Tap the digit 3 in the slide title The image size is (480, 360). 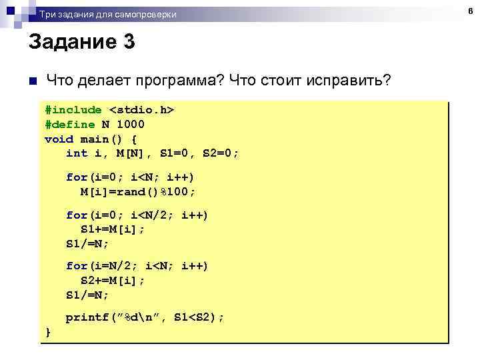pyautogui.click(x=129, y=43)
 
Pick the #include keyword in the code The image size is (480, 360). pyautogui.click(x=73, y=109)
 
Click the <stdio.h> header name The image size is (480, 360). pyautogui.click(x=142, y=109)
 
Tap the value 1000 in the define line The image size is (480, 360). pyautogui.click(x=131, y=124)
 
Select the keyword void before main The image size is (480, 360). pyautogui.click(x=59, y=139)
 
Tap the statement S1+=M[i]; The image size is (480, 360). pyautogui.click(x=113, y=229)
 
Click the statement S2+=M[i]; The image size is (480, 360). pyautogui.click(x=113, y=280)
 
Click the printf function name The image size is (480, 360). pyautogui.click(x=84, y=318)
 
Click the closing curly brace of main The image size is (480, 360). pyautogui.click(x=47, y=331)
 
